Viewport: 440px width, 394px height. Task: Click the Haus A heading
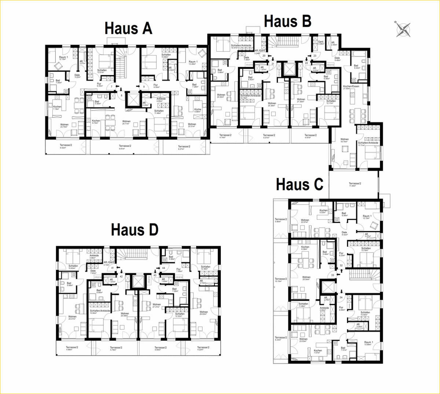tap(128, 28)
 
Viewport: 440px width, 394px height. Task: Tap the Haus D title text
tap(135, 230)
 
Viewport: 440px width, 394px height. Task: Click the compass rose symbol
tap(403, 29)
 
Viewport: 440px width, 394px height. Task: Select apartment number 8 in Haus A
tap(121, 95)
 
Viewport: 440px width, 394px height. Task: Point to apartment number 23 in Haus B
tap(315, 56)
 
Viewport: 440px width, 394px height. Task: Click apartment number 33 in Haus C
tap(333, 275)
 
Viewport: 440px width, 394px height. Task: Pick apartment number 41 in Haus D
tap(113, 268)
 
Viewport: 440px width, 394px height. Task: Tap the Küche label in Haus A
tap(198, 109)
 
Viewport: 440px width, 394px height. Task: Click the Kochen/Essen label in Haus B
tap(351, 87)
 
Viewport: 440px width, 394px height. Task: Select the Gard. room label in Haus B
tap(320, 42)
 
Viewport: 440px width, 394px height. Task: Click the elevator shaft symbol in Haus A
tap(133, 99)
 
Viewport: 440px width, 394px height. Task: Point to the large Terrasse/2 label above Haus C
tap(355, 184)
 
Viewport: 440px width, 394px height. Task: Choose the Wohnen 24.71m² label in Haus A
tap(126, 121)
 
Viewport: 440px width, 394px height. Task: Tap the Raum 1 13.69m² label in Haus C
tap(368, 342)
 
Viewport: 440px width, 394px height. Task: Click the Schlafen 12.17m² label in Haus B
tap(331, 101)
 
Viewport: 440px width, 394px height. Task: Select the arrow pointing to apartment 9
tap(138, 87)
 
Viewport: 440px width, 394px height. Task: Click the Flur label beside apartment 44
tap(178, 269)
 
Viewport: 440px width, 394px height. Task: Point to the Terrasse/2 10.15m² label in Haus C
tap(280, 279)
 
